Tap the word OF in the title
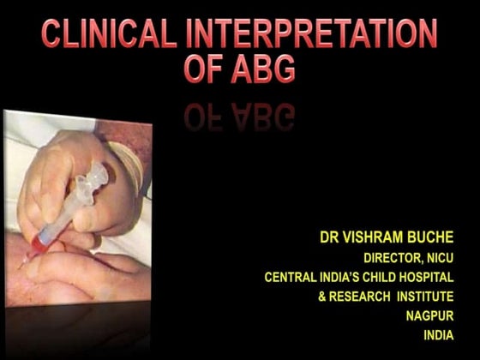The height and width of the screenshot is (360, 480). pyautogui.click(x=202, y=69)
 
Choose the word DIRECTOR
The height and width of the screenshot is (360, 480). pyautogui.click(x=393, y=256)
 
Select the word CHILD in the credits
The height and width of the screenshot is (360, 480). pyautogui.click(x=381, y=276)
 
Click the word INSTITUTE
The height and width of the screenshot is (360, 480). pyautogui.click(x=425, y=296)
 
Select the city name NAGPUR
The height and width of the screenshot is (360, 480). pyautogui.click(x=429, y=315)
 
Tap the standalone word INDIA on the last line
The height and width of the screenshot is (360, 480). pyautogui.click(x=439, y=335)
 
